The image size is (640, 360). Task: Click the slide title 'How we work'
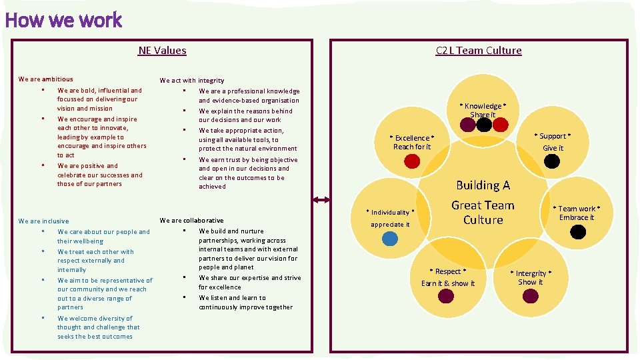point(63,20)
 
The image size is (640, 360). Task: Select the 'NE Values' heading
point(162,50)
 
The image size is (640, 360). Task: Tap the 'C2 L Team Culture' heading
point(478,50)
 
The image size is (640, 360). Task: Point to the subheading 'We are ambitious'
point(46,79)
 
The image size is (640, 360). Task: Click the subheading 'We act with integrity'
point(192,80)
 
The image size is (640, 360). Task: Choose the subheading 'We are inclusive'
point(43,221)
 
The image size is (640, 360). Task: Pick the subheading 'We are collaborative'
point(191,220)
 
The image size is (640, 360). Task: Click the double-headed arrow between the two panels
point(321,199)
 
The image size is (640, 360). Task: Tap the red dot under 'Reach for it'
point(413,161)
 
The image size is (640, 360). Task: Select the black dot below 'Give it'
point(552,161)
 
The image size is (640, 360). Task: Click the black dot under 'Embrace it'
point(578,231)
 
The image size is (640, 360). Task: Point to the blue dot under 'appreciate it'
point(390,238)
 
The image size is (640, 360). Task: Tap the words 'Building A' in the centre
point(483,185)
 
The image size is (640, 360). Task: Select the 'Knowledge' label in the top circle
point(483,106)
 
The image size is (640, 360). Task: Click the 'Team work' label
point(577,209)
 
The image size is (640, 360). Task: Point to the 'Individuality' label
point(391,212)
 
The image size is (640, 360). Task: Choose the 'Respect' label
point(448,271)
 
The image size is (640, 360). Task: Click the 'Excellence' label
point(412,138)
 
